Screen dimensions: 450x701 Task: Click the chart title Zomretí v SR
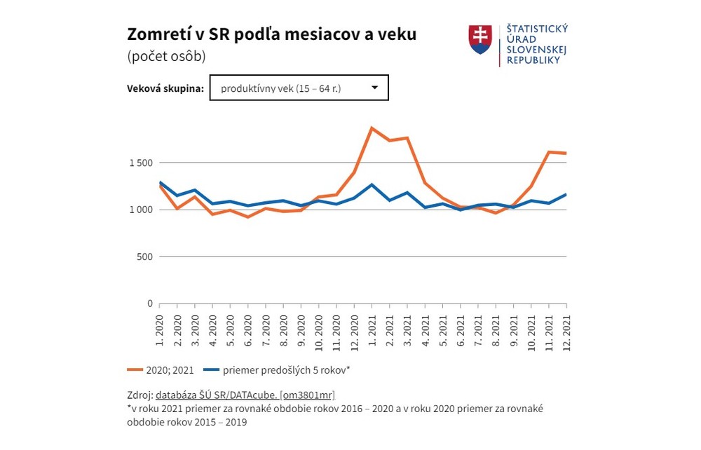coord(271,34)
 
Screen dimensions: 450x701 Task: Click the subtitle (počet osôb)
coord(166,57)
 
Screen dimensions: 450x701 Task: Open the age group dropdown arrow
coord(374,88)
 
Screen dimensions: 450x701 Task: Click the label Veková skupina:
coord(165,89)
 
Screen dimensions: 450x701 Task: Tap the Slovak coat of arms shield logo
coord(480,40)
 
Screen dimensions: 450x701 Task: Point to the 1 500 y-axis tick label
coord(140,163)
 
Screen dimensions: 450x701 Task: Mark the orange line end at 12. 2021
coord(566,154)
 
